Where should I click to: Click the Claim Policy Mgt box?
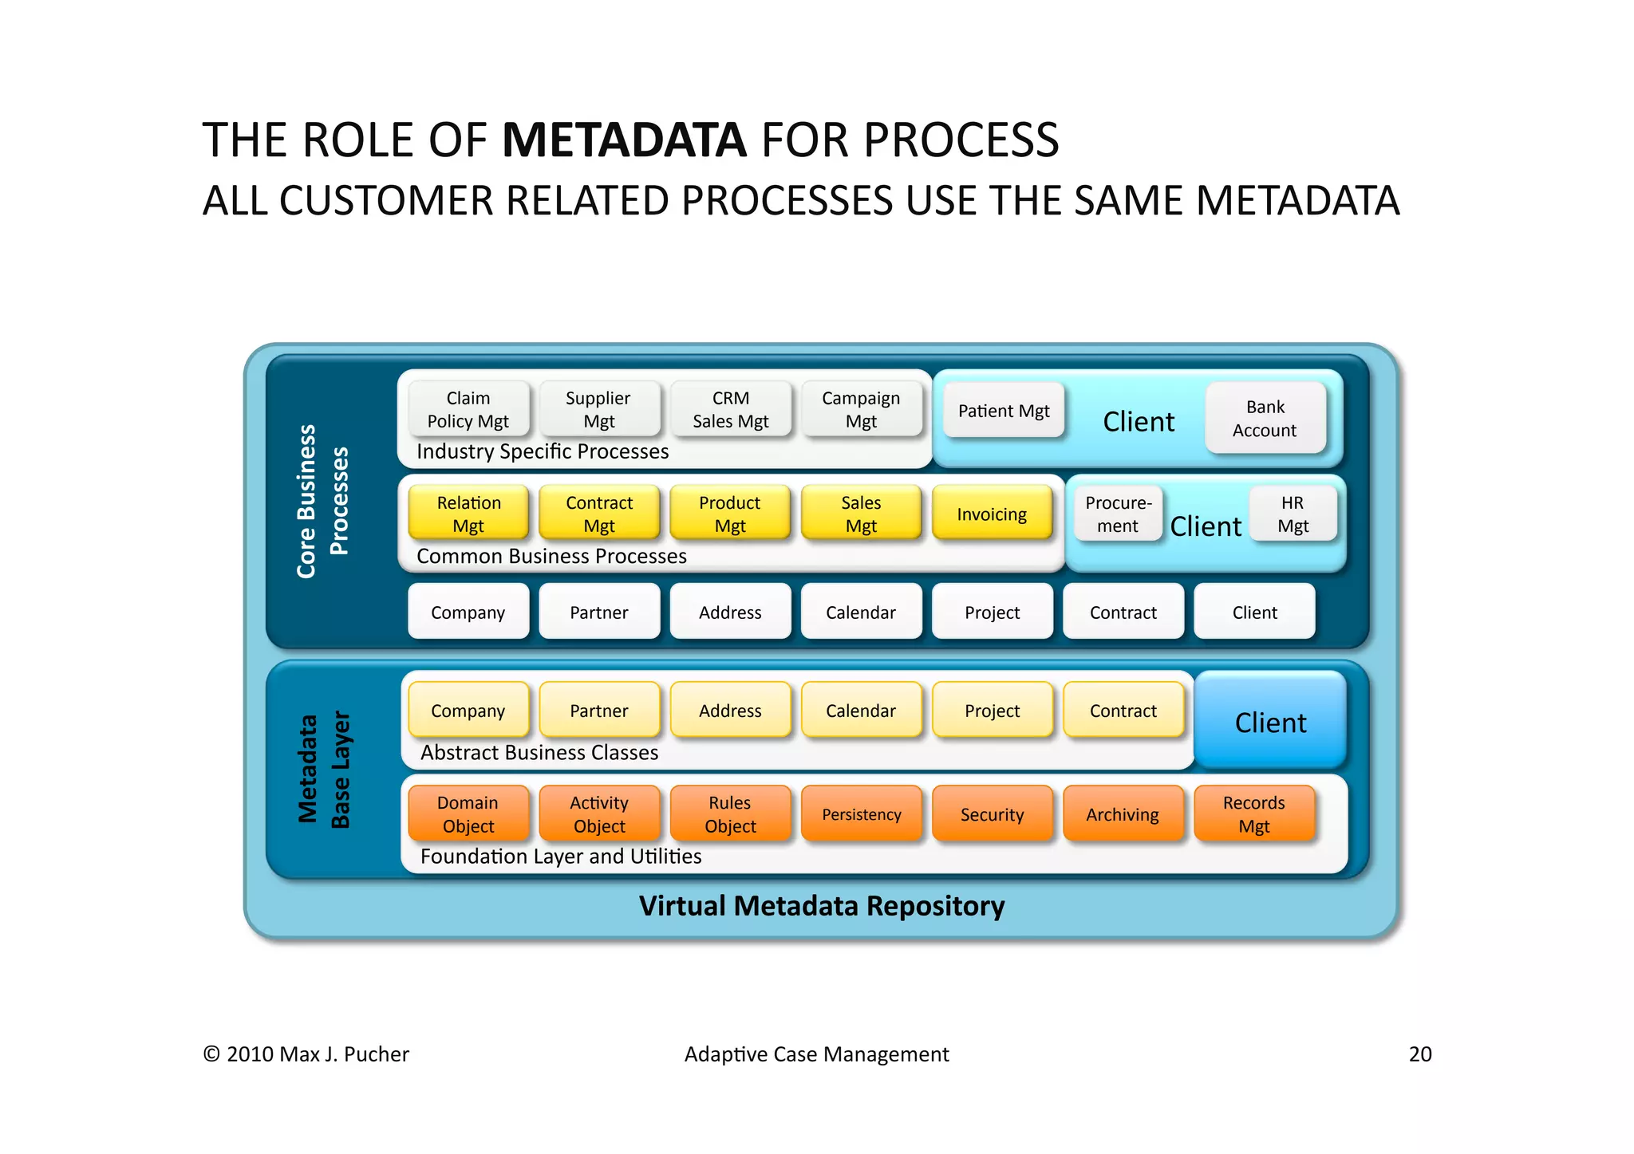point(468,409)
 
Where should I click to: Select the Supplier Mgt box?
point(599,409)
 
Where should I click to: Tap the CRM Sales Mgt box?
point(731,409)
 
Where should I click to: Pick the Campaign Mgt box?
point(862,409)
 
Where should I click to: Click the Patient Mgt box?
point(1004,411)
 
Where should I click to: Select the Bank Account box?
point(1265,419)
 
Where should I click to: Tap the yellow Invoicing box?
point(992,514)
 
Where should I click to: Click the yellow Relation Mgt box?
point(468,514)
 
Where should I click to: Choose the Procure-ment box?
point(1118,514)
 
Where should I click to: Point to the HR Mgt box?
point(1293,514)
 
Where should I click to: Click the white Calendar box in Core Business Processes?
point(861,612)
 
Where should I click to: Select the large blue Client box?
point(1270,722)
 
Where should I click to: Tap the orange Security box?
point(992,814)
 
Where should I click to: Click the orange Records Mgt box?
point(1253,814)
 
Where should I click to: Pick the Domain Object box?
point(468,814)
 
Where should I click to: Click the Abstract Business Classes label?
point(539,753)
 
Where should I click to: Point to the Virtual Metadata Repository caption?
point(822,906)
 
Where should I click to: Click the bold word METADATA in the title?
point(624,140)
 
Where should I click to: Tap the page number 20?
point(1420,1054)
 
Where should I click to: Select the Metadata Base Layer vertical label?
point(324,770)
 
